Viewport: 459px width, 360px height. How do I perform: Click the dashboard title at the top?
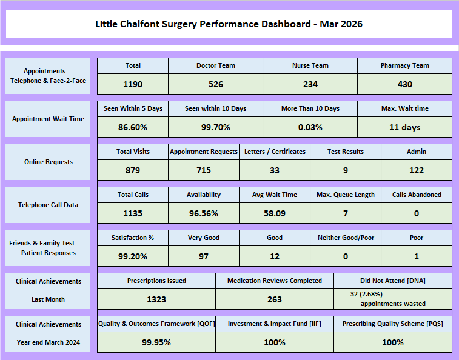click(229, 24)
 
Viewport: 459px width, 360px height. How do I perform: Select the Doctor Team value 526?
click(216, 84)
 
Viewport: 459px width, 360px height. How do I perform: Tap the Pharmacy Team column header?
click(404, 65)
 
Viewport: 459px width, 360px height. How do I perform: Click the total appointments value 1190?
click(133, 84)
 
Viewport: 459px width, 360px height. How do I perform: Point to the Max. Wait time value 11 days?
click(404, 127)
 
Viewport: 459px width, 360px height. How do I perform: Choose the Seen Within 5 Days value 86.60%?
click(133, 127)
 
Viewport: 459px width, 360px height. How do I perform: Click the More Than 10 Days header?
click(310, 108)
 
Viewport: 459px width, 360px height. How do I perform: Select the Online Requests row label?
click(49, 162)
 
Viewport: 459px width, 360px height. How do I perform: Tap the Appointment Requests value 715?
click(204, 170)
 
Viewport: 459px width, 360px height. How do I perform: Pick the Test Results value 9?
click(346, 170)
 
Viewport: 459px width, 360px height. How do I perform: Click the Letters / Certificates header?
click(275, 152)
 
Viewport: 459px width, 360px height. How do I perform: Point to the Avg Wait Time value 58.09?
click(275, 213)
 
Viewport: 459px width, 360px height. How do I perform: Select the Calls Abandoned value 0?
click(417, 213)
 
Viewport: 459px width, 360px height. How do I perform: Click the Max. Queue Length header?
click(346, 195)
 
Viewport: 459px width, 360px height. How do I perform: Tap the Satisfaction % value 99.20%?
click(133, 256)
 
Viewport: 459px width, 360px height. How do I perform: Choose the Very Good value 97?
click(204, 256)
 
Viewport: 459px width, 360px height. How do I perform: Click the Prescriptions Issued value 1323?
click(156, 299)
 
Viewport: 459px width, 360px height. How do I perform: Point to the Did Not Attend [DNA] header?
click(393, 281)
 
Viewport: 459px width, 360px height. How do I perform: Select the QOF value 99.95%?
click(156, 342)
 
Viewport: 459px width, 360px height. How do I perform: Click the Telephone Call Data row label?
click(49, 205)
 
